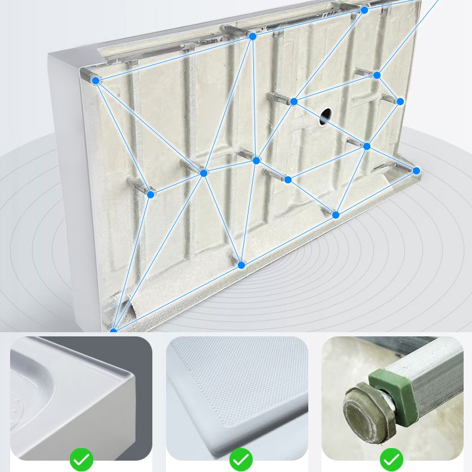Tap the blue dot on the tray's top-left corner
click(96, 79)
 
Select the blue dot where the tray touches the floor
click(113, 330)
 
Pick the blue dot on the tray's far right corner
click(416, 171)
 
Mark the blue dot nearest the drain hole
click(293, 102)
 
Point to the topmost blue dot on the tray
click(364, 10)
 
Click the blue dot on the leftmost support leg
click(151, 194)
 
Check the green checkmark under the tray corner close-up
click(81, 459)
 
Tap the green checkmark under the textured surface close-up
click(241, 459)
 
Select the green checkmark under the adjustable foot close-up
click(391, 459)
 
